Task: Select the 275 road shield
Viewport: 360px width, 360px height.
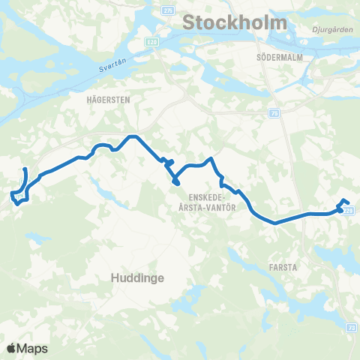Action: (x=168, y=10)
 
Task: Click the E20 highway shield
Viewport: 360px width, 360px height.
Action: (x=152, y=42)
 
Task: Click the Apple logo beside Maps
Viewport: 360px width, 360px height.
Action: (x=12, y=348)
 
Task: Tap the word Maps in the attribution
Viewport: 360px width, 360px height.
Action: (x=34, y=348)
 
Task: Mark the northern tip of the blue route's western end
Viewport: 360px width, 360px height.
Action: (x=25, y=169)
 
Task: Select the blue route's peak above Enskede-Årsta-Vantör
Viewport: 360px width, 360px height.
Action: (x=213, y=158)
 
